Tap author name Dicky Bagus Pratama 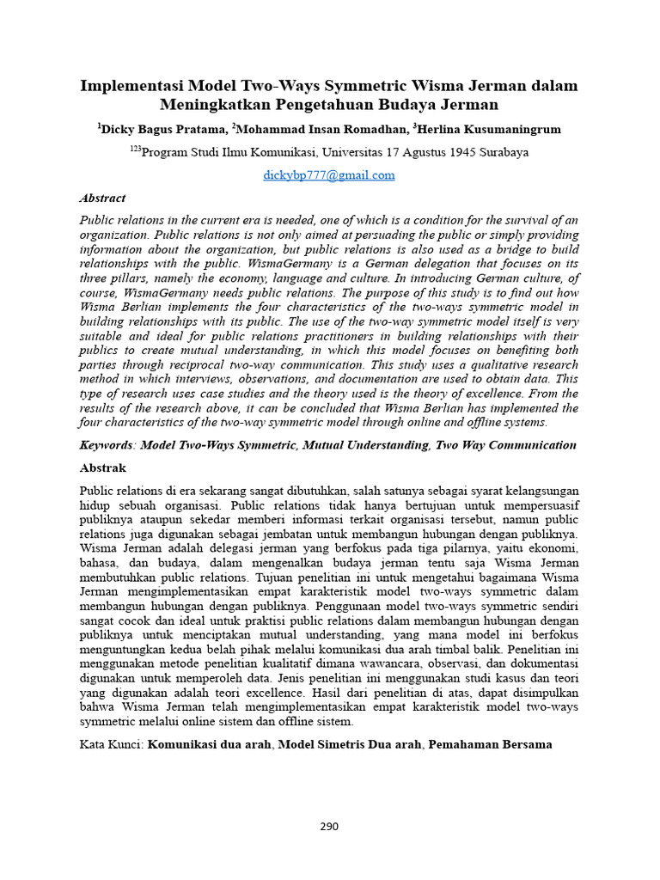164,130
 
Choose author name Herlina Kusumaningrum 490,130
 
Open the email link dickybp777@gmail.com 329,174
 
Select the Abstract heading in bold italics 102,198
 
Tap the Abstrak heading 102,467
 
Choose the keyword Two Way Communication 506,445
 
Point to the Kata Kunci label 110,744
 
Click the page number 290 329,827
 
